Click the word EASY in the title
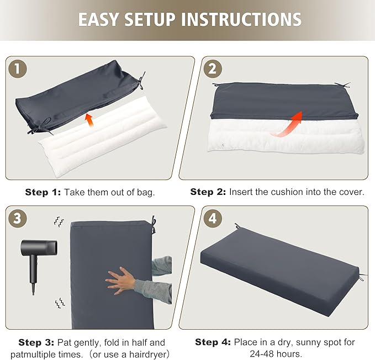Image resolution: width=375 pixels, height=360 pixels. point(98,19)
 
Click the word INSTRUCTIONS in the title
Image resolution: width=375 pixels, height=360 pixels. point(241,19)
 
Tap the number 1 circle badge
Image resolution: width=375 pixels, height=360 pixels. point(18,69)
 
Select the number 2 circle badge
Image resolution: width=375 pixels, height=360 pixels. point(213,69)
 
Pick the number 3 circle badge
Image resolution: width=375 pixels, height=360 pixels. point(18,219)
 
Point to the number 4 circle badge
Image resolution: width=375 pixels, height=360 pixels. point(213,219)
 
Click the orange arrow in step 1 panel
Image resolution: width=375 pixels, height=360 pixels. point(89,120)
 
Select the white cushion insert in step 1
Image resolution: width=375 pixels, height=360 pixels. point(103,136)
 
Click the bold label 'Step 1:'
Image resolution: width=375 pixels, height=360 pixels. point(43,192)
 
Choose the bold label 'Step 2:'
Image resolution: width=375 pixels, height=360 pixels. point(208,192)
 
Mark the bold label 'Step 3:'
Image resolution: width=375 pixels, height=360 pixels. point(36,342)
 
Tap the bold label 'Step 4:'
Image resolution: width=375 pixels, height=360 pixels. point(213,342)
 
